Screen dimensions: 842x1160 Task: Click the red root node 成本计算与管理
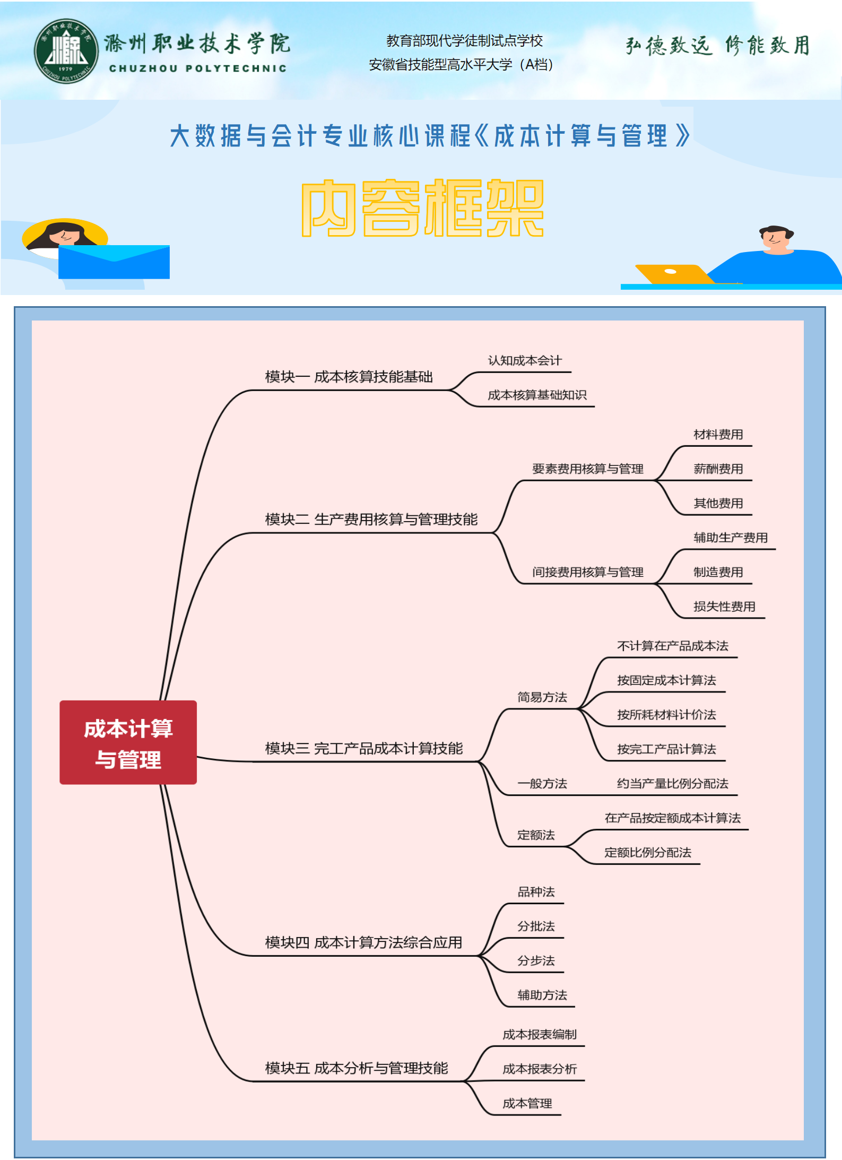(128, 742)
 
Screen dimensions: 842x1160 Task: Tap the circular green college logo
(66, 51)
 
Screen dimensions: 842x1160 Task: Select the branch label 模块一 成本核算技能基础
(349, 377)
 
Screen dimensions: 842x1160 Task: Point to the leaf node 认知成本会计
(524, 361)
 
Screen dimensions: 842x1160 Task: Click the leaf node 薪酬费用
(718, 469)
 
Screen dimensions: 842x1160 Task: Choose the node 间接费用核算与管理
(587, 572)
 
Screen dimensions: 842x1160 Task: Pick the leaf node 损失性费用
(724, 607)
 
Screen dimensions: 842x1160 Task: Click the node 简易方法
(542, 697)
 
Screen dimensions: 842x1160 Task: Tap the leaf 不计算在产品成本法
(672, 646)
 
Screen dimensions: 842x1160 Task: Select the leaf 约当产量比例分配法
(672, 784)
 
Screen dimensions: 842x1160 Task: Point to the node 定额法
(536, 835)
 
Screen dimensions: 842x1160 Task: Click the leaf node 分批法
(536, 927)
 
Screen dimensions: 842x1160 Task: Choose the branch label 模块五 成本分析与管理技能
(356, 1068)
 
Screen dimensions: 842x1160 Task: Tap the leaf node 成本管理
(527, 1104)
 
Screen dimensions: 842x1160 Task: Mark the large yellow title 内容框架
(422, 207)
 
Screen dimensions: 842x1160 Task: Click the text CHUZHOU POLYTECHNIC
(197, 68)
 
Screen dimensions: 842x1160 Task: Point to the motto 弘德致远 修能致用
(717, 46)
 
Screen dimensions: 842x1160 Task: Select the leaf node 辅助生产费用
(730, 538)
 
